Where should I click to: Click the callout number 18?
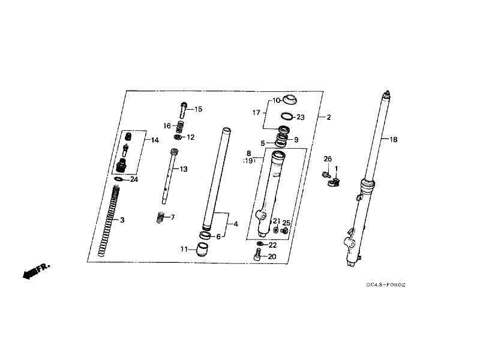pos(394,140)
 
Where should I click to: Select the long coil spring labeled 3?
pos(109,221)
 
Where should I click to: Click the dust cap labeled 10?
pos(290,100)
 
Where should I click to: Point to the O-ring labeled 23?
pos(287,116)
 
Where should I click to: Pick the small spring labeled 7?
pos(160,217)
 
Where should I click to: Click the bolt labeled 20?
pos(257,254)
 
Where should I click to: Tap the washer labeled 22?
pos(260,244)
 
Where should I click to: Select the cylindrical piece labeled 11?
pos(202,249)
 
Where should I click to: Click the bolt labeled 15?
pos(184,110)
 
